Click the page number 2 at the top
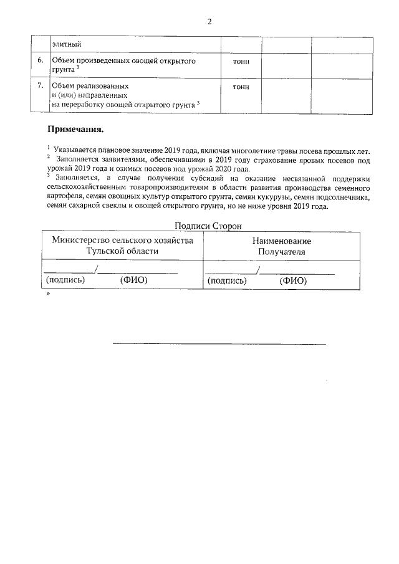pos(209,21)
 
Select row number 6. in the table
pos(41,62)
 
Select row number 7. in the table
pos(41,85)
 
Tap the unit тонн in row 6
pos(241,62)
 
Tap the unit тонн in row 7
pos(241,87)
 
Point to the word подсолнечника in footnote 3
pos(335,197)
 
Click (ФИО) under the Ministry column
pos(133,280)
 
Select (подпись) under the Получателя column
pos(226,281)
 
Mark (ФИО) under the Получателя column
pos(293,281)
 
